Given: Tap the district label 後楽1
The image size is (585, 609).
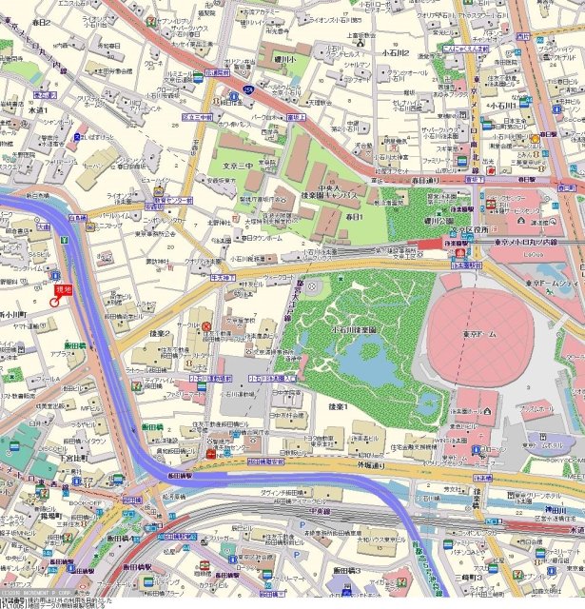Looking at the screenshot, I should coord(338,407).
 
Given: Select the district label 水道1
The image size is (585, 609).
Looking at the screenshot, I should coord(38,110).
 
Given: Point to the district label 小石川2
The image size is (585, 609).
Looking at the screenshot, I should coord(395,53).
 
